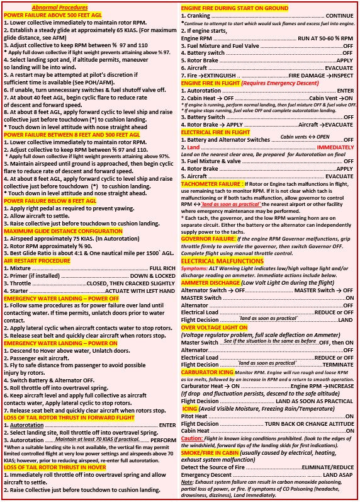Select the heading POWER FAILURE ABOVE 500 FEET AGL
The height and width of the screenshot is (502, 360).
[51, 14]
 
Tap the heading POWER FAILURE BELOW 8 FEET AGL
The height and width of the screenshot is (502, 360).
[50, 200]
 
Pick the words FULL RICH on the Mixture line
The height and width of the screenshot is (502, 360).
[162, 269]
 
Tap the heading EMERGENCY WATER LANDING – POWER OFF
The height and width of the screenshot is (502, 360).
[64, 299]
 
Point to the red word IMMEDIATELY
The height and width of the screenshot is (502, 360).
[335, 146]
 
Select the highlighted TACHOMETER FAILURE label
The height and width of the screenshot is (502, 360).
[211, 183]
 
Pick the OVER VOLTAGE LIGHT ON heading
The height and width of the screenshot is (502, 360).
[214, 328]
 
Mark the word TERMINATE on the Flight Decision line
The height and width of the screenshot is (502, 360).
[338, 365]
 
